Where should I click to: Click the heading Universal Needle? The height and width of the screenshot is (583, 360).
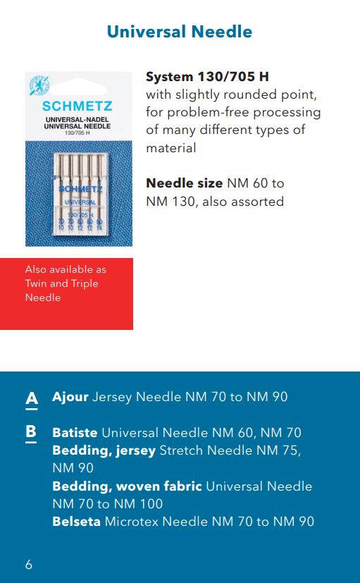(x=180, y=32)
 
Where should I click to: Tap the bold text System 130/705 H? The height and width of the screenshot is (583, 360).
(x=207, y=76)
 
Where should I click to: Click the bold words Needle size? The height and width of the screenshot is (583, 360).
(x=184, y=183)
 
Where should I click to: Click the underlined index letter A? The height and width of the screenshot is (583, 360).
(x=31, y=398)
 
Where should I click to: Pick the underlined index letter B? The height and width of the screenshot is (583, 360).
(x=31, y=432)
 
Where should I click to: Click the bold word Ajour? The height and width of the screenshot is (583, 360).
(x=70, y=397)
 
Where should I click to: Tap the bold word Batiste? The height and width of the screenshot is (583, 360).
(x=75, y=433)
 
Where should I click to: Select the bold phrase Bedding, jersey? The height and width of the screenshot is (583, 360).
(x=104, y=450)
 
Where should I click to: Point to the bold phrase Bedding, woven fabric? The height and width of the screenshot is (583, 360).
(x=128, y=486)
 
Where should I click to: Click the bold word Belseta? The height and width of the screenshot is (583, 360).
(x=76, y=522)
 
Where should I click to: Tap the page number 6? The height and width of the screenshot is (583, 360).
(x=28, y=565)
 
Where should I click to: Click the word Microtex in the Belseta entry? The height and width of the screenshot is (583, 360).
(x=132, y=522)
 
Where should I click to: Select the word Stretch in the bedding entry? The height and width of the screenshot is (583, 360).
(x=182, y=450)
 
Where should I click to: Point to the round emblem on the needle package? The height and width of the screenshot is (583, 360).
(x=39, y=86)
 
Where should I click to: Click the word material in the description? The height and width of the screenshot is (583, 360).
(x=170, y=148)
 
